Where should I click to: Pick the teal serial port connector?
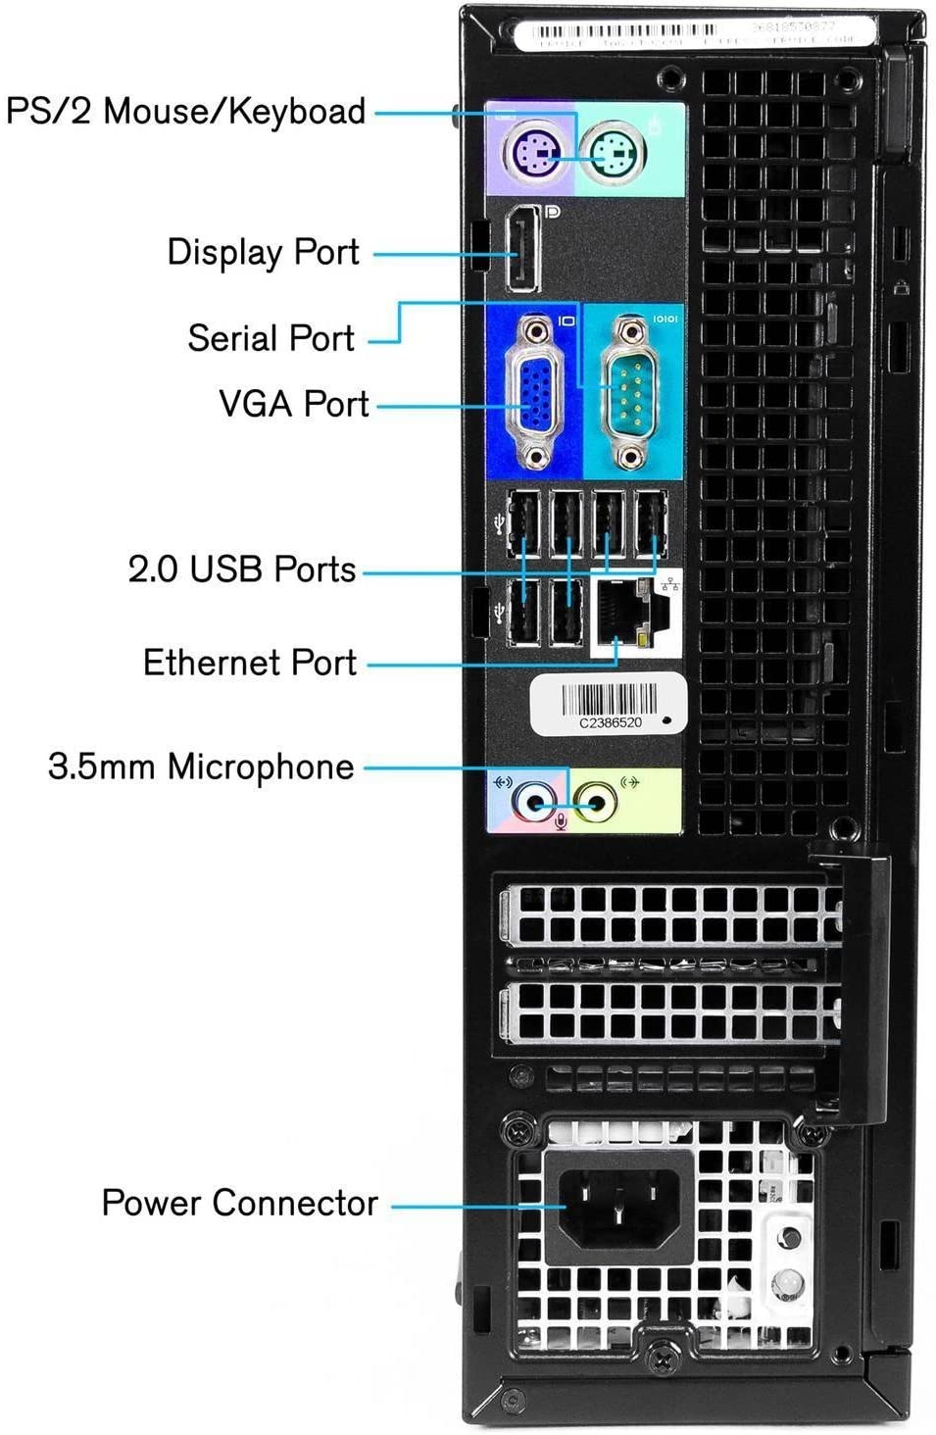point(631,390)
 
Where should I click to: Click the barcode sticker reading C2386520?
point(608,705)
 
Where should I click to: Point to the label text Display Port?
point(263,253)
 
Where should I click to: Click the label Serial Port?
point(271,338)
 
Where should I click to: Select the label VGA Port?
point(293,404)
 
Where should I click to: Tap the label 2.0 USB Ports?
point(241,569)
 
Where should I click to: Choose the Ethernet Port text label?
point(249,663)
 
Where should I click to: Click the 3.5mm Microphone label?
point(201,767)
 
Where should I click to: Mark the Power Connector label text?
point(239,1204)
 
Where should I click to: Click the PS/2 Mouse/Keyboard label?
point(186,111)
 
